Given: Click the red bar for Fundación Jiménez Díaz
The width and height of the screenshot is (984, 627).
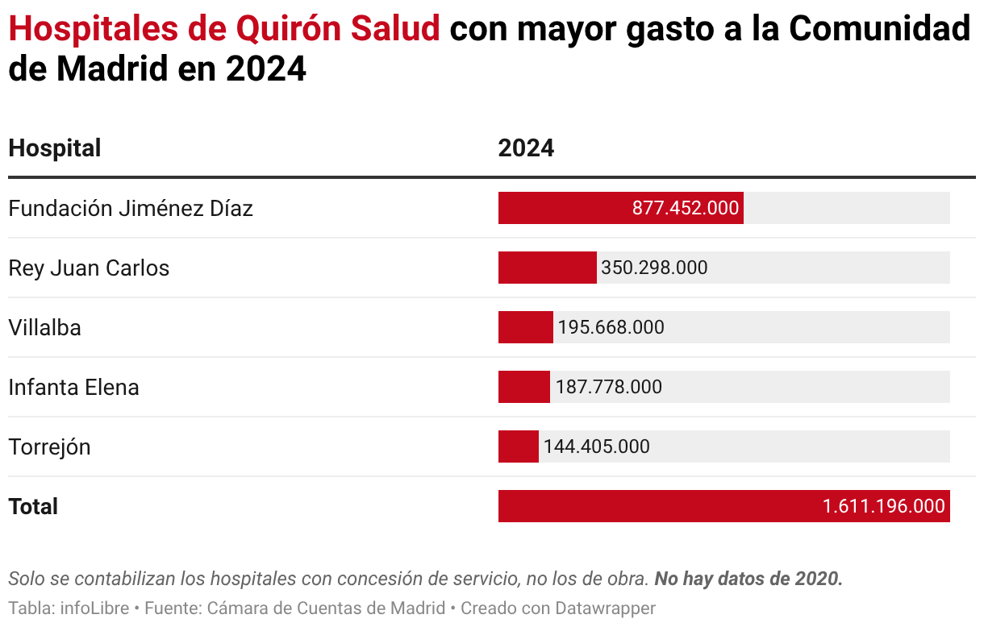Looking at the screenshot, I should tap(565, 208).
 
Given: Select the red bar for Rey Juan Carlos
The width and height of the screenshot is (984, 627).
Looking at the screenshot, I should tap(547, 268).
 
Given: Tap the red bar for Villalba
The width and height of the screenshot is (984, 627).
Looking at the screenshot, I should tap(525, 327).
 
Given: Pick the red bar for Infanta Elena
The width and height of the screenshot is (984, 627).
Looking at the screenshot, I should tap(523, 387).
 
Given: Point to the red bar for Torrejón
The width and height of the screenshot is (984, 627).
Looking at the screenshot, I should tap(518, 446).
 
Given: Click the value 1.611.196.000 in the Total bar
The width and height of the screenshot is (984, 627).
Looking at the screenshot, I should tap(883, 506).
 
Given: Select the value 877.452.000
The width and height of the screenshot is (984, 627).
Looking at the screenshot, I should tap(685, 208).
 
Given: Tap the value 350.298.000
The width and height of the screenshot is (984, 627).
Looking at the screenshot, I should tap(654, 268).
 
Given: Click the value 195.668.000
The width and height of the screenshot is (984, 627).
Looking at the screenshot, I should tap(611, 327).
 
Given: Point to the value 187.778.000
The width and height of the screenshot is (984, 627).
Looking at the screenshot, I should tap(608, 387).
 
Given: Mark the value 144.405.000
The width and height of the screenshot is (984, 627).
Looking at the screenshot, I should tap(596, 446).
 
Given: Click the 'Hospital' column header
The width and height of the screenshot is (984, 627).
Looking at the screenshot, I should tap(54, 148).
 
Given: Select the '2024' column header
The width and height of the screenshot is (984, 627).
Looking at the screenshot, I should tap(526, 148).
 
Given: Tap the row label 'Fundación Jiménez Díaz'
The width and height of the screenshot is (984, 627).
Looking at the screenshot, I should tap(131, 209).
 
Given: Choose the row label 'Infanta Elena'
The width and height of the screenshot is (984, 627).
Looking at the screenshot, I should tap(73, 388).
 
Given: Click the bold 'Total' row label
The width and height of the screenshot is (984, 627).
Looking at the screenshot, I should tap(33, 507).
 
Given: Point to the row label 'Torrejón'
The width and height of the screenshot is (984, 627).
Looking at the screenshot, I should tap(49, 447).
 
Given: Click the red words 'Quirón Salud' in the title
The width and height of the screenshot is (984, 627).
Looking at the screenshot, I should tap(338, 30).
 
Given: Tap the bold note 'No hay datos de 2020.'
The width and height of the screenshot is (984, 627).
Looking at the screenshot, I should tap(748, 579).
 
